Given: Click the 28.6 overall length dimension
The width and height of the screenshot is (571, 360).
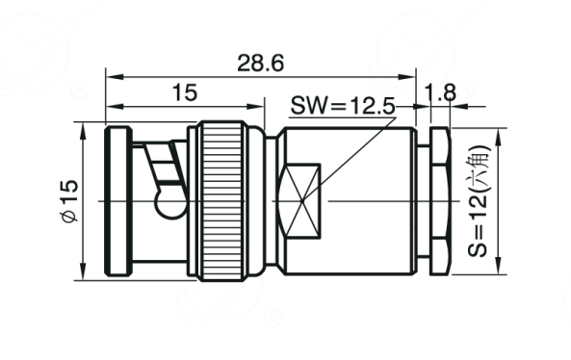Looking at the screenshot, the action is (260, 63).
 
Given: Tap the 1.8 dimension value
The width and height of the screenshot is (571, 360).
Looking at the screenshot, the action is (440, 92).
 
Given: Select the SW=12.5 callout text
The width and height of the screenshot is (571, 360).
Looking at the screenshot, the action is (343, 107).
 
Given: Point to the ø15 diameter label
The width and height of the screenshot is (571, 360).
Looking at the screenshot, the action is (69, 200).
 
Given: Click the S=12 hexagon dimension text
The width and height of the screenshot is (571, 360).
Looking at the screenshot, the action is (479, 201).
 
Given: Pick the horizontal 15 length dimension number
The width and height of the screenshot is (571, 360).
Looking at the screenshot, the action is (185, 92).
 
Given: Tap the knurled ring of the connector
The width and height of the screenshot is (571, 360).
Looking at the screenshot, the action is (222, 201).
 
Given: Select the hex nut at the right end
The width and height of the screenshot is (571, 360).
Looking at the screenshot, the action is (440, 201).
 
